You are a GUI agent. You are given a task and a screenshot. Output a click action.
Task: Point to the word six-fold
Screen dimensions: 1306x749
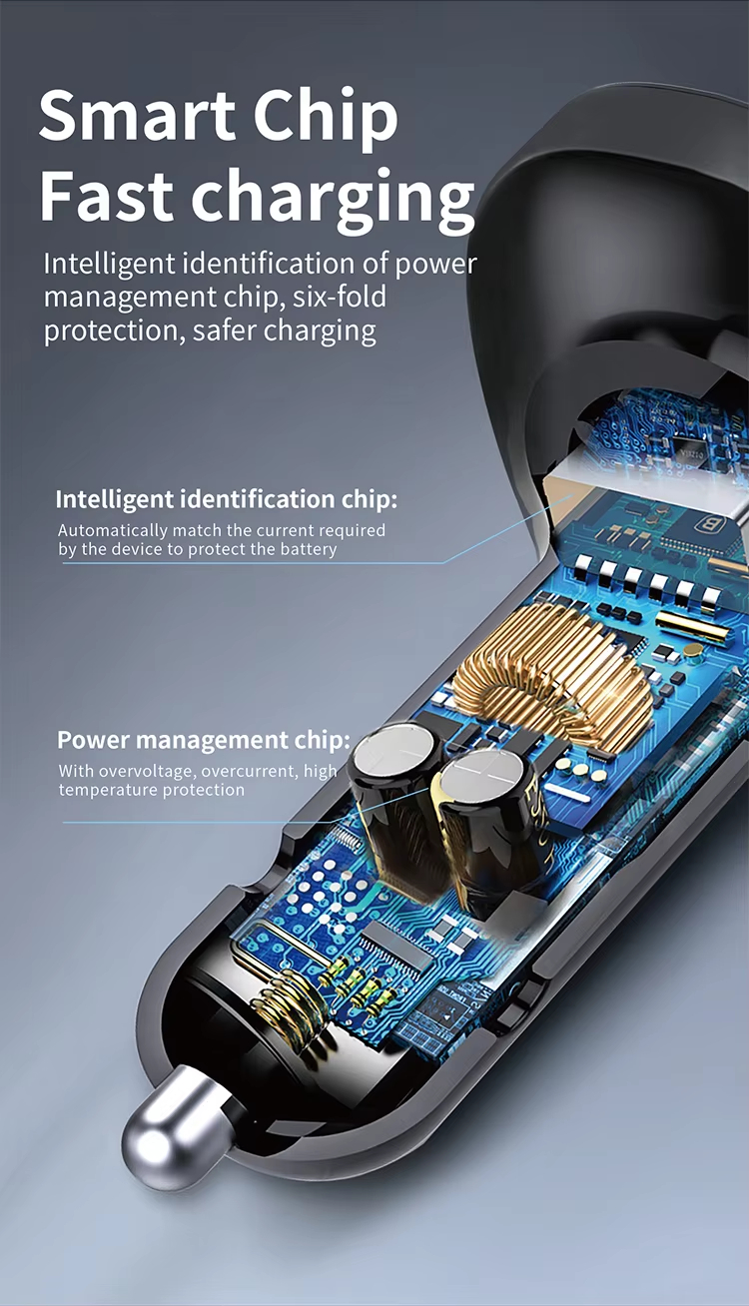pyautogui.click(x=336, y=298)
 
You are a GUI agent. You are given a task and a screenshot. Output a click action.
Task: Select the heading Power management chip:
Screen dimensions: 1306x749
pyautogui.click(x=204, y=740)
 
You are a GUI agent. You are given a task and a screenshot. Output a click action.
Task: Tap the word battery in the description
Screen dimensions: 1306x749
pyautogui.click(x=310, y=549)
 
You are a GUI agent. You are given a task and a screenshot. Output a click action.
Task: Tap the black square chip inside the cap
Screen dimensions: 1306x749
pyautogui.click(x=688, y=446)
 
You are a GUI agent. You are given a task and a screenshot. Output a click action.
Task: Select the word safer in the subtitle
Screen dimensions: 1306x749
pyautogui.click(x=227, y=330)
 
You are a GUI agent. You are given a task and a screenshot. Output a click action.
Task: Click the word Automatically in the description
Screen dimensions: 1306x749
pyautogui.click(x=112, y=530)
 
